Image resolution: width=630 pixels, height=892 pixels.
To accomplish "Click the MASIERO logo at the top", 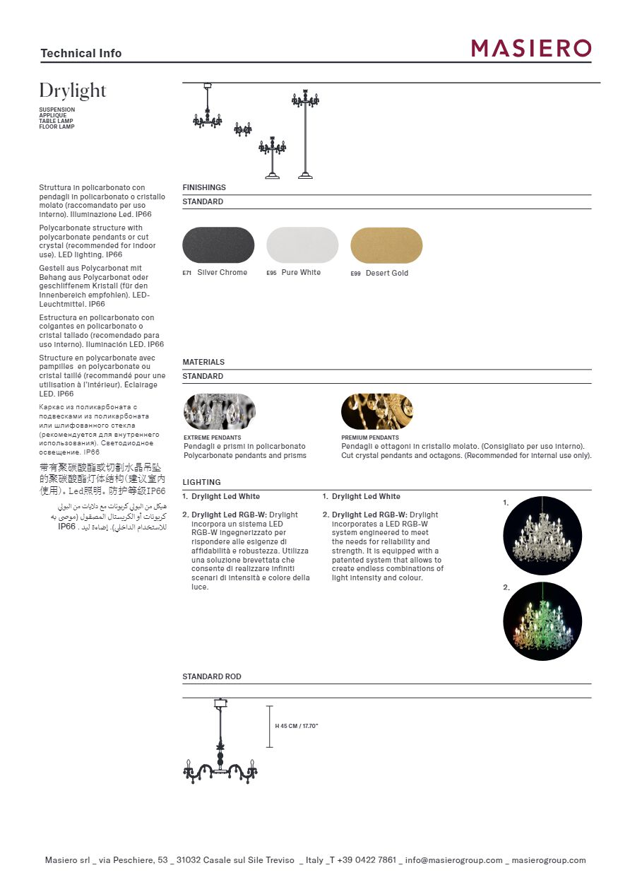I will (x=531, y=48).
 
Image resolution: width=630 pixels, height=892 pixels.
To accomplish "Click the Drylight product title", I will (x=73, y=91).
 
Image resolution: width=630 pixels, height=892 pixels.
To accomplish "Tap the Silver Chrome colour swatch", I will (x=218, y=245).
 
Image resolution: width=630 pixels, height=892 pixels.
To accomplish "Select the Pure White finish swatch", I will (x=302, y=245).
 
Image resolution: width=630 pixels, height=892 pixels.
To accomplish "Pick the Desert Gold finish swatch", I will (x=386, y=245).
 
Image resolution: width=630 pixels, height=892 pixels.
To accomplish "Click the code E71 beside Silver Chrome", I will (x=187, y=273).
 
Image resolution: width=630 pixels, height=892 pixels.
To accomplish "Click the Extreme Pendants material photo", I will (x=219, y=411).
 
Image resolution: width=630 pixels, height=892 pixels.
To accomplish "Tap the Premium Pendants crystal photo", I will (x=377, y=411).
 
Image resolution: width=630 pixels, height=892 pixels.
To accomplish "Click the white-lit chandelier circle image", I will (x=542, y=535).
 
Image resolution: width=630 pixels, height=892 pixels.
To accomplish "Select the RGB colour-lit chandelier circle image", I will (x=542, y=621).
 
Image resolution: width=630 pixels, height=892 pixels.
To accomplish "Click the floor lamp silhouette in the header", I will (x=305, y=134).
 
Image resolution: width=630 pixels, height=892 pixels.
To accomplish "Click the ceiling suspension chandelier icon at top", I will (x=208, y=109).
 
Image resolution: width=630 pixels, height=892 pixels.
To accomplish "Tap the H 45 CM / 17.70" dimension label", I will (x=297, y=727).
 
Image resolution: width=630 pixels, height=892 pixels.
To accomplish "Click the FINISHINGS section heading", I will (x=204, y=187).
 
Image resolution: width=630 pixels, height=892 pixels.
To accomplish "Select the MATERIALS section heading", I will (x=203, y=362).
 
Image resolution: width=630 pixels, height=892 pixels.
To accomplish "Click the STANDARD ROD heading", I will (x=212, y=676).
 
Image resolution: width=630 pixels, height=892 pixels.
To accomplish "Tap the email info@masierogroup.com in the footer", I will (x=454, y=860).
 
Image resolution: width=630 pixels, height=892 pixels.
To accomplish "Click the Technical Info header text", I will (x=81, y=53).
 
